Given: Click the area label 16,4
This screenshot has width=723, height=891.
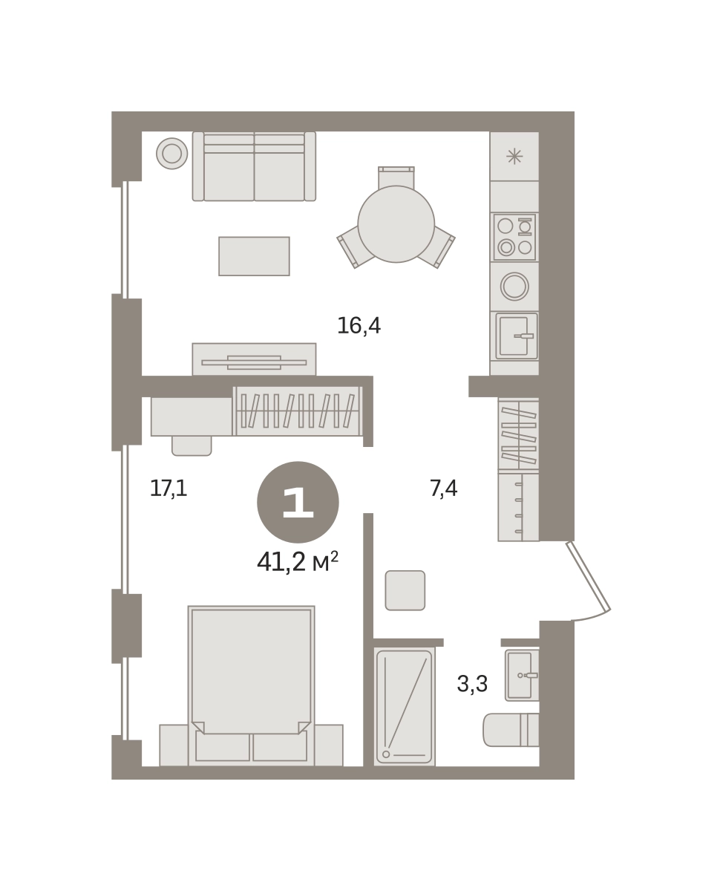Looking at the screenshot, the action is [x=359, y=326].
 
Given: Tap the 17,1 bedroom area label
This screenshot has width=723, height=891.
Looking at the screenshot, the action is [x=169, y=488].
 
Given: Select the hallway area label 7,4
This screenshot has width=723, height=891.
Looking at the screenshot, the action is [x=444, y=488].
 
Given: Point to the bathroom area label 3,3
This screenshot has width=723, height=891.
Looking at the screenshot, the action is [x=472, y=684].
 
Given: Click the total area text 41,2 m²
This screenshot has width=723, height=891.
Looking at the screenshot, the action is [x=298, y=562].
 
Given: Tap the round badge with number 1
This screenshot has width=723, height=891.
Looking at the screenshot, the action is [x=298, y=502].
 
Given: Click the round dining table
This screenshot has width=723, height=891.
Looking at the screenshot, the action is [x=396, y=224].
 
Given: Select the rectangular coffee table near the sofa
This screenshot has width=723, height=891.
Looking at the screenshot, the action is [x=255, y=256].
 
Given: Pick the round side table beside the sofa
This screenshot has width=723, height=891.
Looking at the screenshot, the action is [x=172, y=154].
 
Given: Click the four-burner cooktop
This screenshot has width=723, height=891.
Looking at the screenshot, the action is [x=514, y=237].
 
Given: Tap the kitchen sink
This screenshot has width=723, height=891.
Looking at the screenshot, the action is [x=517, y=336].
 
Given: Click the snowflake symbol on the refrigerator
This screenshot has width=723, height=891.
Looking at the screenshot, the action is [x=514, y=157].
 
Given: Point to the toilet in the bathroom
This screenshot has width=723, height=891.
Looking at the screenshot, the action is [x=511, y=730].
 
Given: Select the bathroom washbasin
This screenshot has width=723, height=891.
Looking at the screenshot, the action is [x=522, y=675].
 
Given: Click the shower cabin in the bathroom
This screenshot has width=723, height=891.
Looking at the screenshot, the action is [x=405, y=707].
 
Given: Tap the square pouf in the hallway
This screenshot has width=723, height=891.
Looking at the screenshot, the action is [x=405, y=590].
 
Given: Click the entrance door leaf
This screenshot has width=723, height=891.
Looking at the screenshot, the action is [x=589, y=575].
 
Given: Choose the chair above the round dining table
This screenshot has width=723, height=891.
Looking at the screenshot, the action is [x=396, y=177].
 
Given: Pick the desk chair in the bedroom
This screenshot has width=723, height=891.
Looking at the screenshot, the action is [x=192, y=446].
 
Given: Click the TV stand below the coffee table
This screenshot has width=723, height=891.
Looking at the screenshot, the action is [x=255, y=360].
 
